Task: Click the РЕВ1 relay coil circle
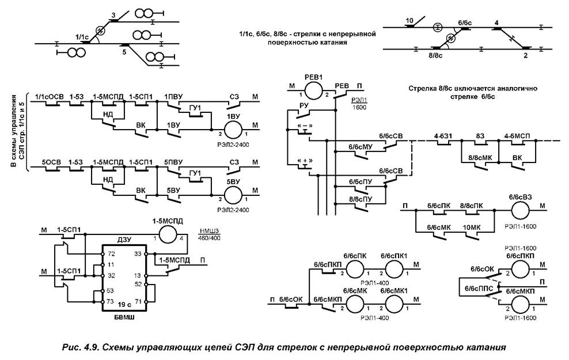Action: (x=314, y=90)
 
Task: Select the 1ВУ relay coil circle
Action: (x=233, y=126)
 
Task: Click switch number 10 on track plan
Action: (x=409, y=21)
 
